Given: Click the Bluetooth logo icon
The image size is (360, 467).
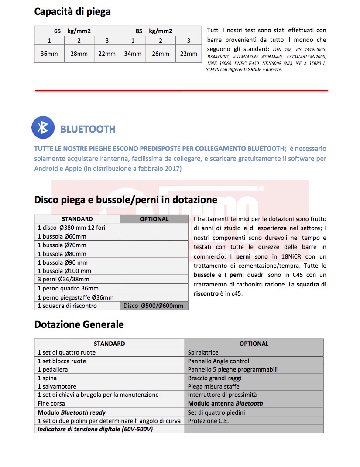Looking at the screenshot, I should tap(43, 127).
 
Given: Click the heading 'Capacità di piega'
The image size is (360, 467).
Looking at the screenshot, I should tap(72, 12).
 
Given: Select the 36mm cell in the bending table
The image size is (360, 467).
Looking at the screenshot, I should tap(49, 54).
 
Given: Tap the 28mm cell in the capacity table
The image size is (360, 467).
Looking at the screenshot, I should tap(79, 54).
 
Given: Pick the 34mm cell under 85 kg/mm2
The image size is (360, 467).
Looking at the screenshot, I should tap(133, 54).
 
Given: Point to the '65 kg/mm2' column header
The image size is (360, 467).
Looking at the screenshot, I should tap(77, 31).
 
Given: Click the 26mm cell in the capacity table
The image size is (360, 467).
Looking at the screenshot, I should tap(161, 54).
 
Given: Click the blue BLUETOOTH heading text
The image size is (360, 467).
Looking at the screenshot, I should tap(88, 129).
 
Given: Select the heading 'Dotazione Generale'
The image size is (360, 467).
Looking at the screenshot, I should tap(79, 324).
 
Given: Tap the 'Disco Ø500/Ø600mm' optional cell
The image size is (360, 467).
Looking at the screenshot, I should tap(154, 306).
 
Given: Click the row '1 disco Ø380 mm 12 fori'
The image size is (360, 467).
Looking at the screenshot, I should tap(72, 228).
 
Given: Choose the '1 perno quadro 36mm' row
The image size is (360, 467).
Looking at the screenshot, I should tap(68, 288).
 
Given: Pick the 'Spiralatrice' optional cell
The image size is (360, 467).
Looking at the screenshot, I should tap(203, 352).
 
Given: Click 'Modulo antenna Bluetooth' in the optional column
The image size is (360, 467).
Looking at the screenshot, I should tap(225, 403).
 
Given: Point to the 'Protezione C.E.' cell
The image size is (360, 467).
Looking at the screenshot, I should tap(208, 421).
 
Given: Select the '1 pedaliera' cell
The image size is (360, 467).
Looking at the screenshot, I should tap(53, 369).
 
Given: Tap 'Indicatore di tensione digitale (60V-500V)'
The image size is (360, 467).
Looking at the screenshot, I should tap(95, 429).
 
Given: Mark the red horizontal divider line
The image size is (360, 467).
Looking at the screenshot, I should tap(181, 90).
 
